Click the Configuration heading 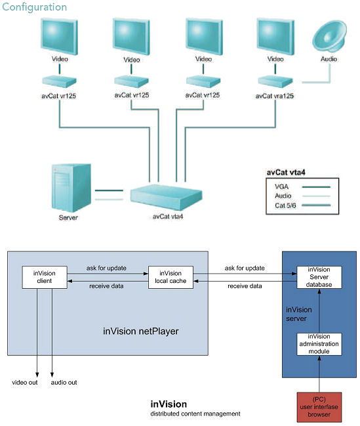34,7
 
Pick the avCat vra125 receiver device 275,81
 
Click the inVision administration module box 319,345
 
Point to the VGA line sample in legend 315,186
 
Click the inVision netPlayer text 140,331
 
